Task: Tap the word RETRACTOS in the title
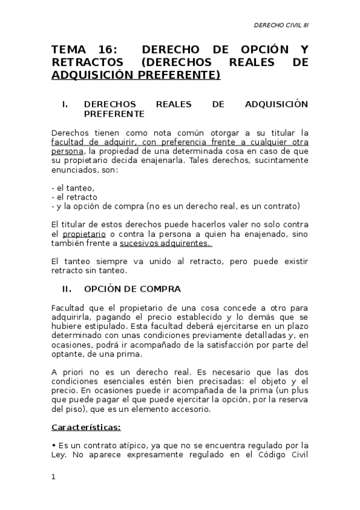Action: (87, 63)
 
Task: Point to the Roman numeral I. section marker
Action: (64, 104)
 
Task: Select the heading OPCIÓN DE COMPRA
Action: (132, 288)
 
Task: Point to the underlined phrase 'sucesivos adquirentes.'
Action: (165, 243)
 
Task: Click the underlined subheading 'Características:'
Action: (86, 428)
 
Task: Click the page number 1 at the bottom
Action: (53, 478)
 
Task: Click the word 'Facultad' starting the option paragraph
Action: (68, 307)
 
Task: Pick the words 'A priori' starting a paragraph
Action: (66, 372)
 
